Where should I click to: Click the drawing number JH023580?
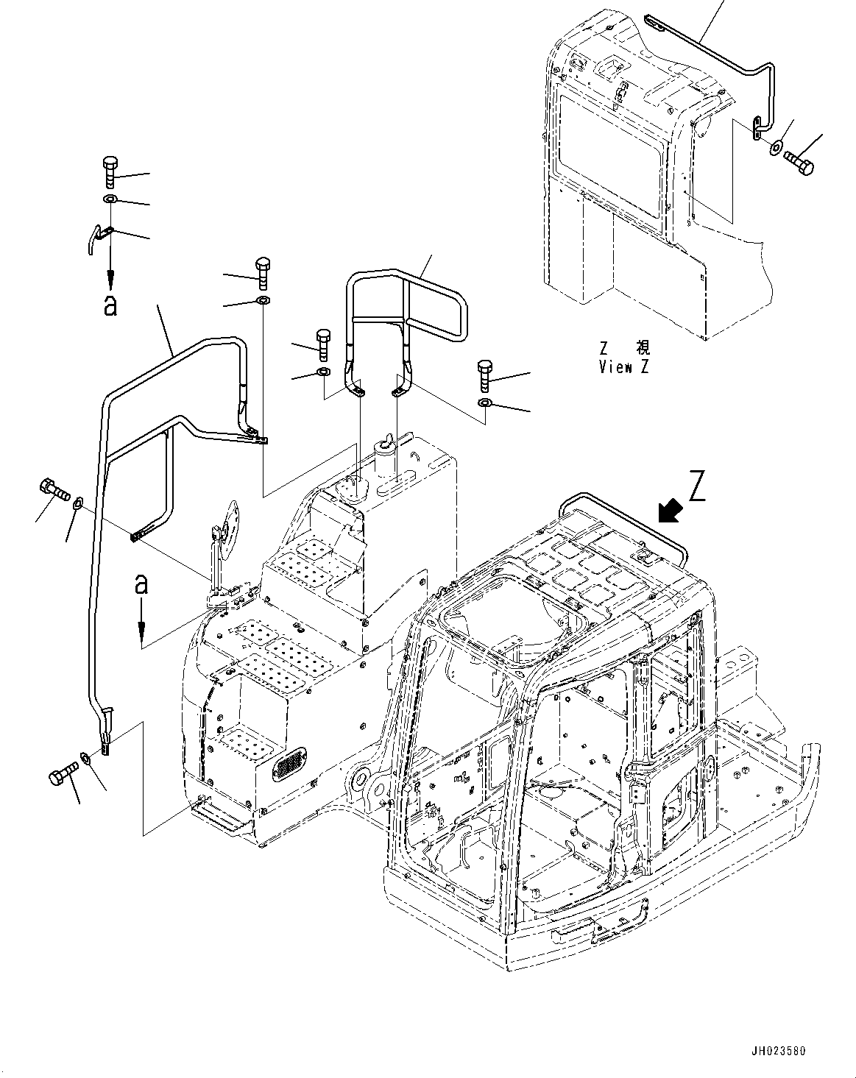[x=778, y=1061]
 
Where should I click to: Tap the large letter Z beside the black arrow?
[x=697, y=486]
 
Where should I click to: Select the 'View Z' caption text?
[x=624, y=366]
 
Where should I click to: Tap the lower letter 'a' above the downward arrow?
[x=141, y=584]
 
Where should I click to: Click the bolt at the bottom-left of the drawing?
[x=63, y=774]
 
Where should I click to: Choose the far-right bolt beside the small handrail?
[x=485, y=375]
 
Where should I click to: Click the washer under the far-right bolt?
[x=485, y=402]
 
